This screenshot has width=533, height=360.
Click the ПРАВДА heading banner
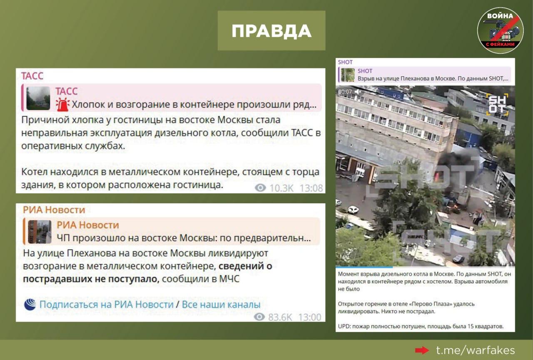pos(271,30)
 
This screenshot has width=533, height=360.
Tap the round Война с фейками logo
pos(500,30)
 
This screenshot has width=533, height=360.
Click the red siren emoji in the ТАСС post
pos(62,105)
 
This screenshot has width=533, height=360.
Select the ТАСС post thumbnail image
pos(38,98)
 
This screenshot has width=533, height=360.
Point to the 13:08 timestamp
pos(311,188)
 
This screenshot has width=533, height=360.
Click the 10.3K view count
pos(281,188)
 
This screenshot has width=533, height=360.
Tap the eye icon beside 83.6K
pos(259,317)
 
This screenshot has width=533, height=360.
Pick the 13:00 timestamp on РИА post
pos(309,317)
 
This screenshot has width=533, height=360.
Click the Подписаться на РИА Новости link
pos(106,304)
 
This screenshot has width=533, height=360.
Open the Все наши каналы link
pos(221,304)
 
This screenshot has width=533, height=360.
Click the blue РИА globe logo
pos(30,304)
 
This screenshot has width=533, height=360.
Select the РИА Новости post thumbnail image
pos(40,232)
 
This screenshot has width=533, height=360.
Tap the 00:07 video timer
pos(345,92)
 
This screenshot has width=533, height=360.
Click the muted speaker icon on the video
pos(358,92)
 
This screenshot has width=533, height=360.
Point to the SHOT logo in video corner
pos(497,105)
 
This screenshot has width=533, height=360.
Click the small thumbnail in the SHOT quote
pos(348,75)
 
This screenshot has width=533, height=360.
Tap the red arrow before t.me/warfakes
pos(422,350)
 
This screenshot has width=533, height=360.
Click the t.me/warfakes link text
pos(476,350)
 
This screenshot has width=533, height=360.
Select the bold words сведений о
pos(245,266)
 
